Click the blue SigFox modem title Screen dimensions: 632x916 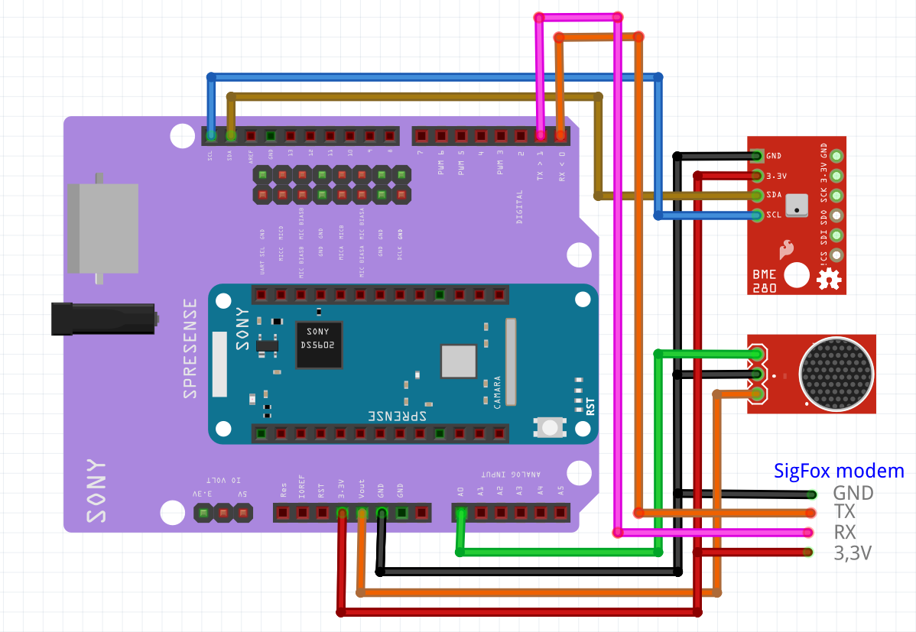[x=839, y=471]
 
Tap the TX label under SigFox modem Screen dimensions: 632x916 [x=845, y=512]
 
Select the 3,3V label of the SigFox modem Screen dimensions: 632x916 [x=853, y=553]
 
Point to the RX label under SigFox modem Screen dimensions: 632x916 [x=845, y=533]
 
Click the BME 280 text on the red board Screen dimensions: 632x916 [x=764, y=280]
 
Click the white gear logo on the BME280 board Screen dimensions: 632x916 [x=827, y=280]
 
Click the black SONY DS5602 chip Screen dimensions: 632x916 [x=319, y=345]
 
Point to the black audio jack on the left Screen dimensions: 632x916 [x=103, y=318]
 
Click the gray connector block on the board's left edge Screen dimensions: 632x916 [x=102, y=228]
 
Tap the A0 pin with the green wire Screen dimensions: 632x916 [x=460, y=513]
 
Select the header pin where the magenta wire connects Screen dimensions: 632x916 [x=541, y=136]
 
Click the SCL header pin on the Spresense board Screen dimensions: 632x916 [x=211, y=136]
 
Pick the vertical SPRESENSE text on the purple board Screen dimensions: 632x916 [x=190, y=348]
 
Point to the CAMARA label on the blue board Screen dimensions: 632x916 [x=497, y=391]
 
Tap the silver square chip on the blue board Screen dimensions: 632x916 [x=459, y=361]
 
